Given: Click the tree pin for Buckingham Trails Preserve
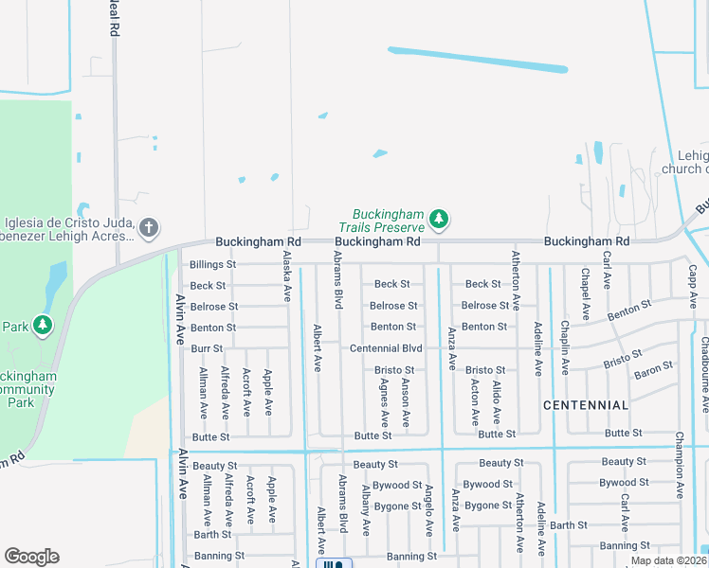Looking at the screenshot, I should coord(438,220).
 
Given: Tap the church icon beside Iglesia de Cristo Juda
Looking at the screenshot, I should coord(148,227).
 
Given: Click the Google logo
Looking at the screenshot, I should coord(31,557).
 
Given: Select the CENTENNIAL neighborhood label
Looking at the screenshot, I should coord(586,405).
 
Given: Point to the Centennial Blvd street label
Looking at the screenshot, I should coord(386,348).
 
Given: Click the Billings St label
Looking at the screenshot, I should coord(212,265).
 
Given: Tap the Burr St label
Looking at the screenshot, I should coord(207,349).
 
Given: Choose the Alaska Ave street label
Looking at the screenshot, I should coord(286,276).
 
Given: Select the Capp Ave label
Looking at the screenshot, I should coord(692,286).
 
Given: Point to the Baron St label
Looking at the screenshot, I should coord(654,367).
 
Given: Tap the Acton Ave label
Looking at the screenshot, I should coord(474,402).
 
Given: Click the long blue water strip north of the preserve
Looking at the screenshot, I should coord(478,59).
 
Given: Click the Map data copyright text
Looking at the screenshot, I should coord(668,560).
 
